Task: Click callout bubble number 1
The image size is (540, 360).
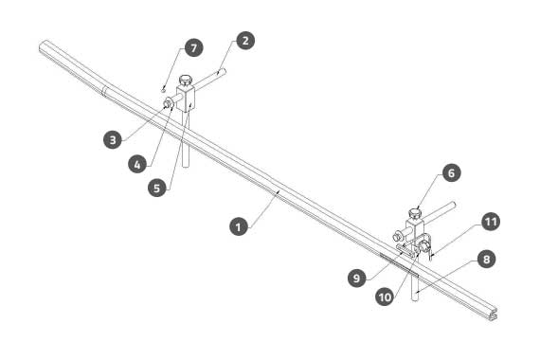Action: [239, 226]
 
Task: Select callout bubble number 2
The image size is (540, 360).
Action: [245, 41]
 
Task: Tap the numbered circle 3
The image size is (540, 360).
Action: [113, 139]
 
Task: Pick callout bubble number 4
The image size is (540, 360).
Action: [137, 164]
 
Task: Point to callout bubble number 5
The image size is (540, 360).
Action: [157, 188]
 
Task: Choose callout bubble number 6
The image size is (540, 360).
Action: [452, 172]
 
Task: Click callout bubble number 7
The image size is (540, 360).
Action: [193, 47]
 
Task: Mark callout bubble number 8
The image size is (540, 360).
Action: [486, 259]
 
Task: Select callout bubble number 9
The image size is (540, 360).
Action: [357, 278]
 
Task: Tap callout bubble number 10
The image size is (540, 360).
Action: [385, 297]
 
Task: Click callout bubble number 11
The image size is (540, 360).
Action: [491, 222]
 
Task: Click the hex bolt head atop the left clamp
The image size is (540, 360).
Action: [186, 80]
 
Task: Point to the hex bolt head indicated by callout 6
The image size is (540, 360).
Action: [415, 213]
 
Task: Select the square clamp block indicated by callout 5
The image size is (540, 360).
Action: [186, 98]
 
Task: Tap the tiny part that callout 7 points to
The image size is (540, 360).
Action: [163, 90]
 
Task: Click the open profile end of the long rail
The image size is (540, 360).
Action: [494, 315]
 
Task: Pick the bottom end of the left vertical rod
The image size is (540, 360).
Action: [186, 166]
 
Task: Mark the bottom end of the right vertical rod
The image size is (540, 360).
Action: [415, 299]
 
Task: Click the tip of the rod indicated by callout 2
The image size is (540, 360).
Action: [224, 71]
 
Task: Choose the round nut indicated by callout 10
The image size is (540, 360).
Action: [423, 246]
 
